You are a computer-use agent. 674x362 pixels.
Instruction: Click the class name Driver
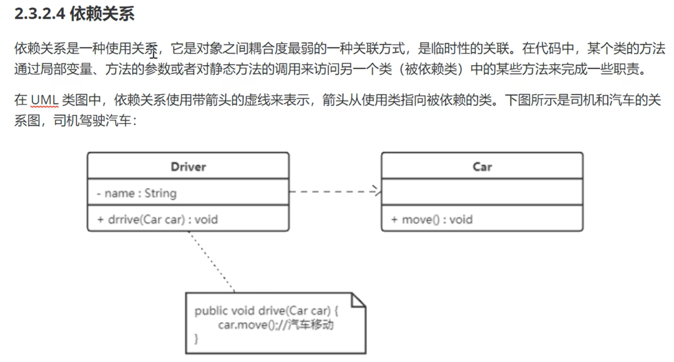coord(188,167)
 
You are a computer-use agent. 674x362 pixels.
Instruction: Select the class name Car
coord(482,167)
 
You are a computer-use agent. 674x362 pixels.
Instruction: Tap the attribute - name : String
coord(136,193)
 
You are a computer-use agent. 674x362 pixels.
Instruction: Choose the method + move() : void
coord(432,219)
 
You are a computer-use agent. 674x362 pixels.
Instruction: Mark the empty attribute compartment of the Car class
coord(482,192)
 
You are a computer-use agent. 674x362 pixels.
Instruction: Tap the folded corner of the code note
coord(357,301)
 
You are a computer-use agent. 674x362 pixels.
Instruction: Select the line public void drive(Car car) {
coord(267,311)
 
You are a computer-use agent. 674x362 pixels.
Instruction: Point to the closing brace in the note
coord(196,338)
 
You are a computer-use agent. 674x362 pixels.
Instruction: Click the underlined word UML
coord(44,100)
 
